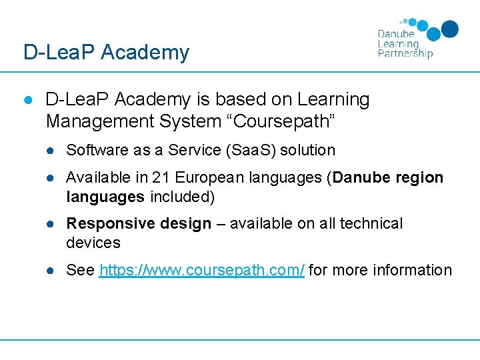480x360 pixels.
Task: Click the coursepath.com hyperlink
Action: [x=202, y=270]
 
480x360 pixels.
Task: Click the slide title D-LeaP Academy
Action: [x=106, y=52]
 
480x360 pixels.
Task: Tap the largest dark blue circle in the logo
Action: [x=450, y=29]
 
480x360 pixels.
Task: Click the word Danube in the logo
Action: [x=396, y=34]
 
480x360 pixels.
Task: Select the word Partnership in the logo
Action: [x=405, y=53]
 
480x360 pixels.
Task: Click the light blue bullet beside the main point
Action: [x=28, y=100]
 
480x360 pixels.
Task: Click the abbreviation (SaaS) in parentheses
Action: [x=251, y=150]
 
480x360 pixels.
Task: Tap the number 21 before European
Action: [x=161, y=177]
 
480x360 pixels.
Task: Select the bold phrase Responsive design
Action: [x=139, y=224]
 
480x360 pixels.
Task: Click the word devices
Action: [x=93, y=243]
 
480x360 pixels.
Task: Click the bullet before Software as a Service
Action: [x=50, y=151]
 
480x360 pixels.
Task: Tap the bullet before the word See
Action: [x=50, y=271]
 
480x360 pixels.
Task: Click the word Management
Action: [x=100, y=121]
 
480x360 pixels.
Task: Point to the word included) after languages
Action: [x=182, y=197]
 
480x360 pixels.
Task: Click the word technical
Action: [x=371, y=223]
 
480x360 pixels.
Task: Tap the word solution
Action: [x=307, y=150]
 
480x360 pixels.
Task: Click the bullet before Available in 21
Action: [x=50, y=178]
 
